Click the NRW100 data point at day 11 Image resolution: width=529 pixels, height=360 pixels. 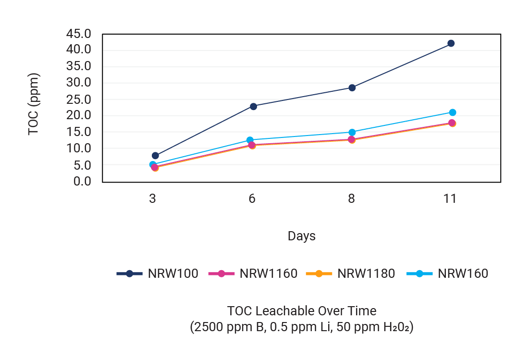tap(451, 43)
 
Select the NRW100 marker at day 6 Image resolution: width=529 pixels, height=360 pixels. tap(253, 106)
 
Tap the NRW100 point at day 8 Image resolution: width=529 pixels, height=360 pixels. tap(352, 87)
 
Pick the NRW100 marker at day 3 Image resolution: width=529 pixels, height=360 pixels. tap(155, 155)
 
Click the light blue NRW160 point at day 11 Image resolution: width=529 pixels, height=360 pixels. tap(452, 112)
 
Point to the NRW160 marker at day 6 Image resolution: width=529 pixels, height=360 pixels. tap(250, 140)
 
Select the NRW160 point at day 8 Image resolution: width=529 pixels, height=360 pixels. tap(352, 132)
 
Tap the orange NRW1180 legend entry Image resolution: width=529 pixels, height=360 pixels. tap(351, 274)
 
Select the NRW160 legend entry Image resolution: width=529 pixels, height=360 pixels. tap(447, 274)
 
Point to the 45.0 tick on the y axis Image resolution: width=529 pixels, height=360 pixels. tap(79, 34)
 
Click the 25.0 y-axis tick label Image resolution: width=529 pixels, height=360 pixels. tap(79, 99)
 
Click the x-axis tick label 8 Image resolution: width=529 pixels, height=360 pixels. tap(351, 199)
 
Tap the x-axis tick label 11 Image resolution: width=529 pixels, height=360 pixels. tap(450, 199)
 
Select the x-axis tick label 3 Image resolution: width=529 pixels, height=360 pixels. tap(152, 199)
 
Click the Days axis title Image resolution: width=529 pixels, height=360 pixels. tap(301, 236)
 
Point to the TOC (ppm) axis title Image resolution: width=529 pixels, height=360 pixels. tap(33, 104)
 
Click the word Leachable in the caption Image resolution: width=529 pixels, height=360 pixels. tap(280, 311)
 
